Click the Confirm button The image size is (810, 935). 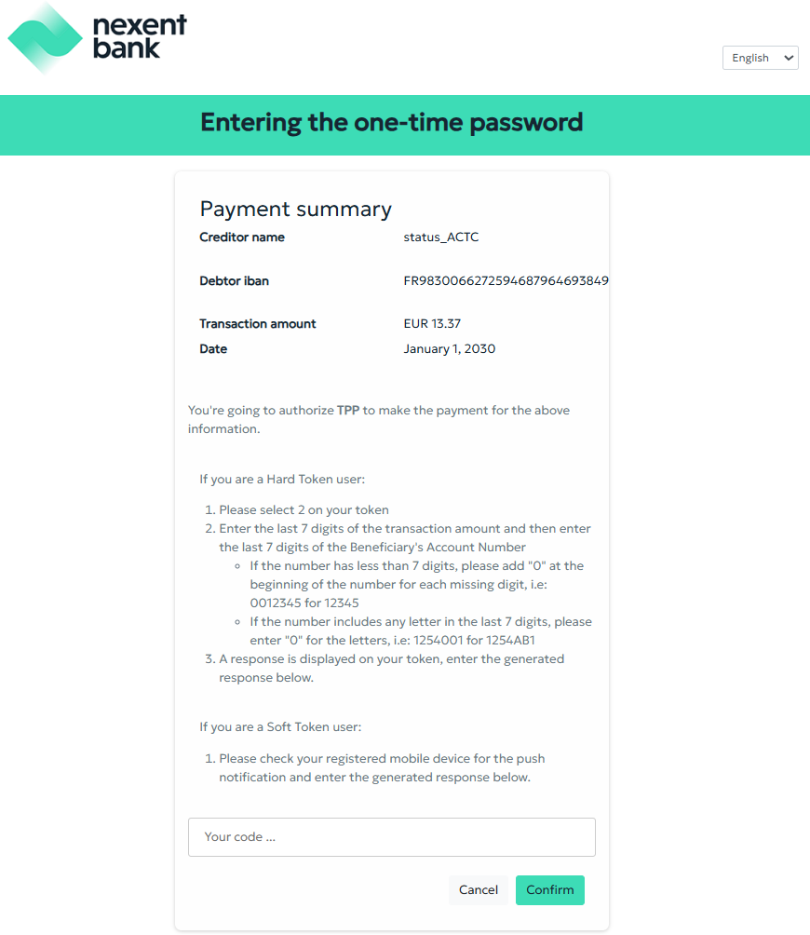pyautogui.click(x=549, y=890)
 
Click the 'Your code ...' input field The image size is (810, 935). pyautogui.click(x=391, y=837)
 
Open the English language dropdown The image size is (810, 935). pyautogui.click(x=760, y=58)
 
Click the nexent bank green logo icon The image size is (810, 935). pyautogui.click(x=45, y=38)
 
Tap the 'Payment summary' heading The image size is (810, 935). pyautogui.click(x=295, y=209)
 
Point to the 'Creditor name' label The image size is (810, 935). pyautogui.click(x=242, y=237)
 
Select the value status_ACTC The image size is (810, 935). pyautogui.click(x=440, y=237)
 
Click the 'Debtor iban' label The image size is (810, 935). pyautogui.click(x=234, y=281)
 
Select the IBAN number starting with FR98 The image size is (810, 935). pyautogui.click(x=506, y=281)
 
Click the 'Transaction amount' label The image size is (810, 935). pyautogui.click(x=258, y=324)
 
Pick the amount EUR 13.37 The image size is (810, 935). pyautogui.click(x=432, y=324)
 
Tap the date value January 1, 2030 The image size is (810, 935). pyautogui.click(x=449, y=349)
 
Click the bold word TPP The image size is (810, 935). pyautogui.click(x=348, y=411)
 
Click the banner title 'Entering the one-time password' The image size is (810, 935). pyautogui.click(x=392, y=123)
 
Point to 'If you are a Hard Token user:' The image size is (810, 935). pyautogui.click(x=282, y=480)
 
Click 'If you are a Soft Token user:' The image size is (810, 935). pyautogui.click(x=280, y=727)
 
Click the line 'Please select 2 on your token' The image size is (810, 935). pyautogui.click(x=304, y=510)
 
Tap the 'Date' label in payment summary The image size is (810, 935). pyautogui.click(x=213, y=349)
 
